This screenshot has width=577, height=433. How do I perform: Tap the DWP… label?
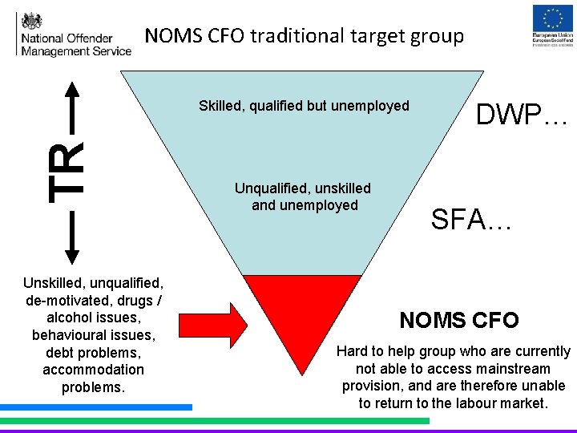coord(522,115)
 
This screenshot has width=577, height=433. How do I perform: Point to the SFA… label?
coord(471,219)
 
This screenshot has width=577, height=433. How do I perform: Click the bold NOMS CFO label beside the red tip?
coord(459,321)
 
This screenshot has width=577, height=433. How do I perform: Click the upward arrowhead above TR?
coord(71,91)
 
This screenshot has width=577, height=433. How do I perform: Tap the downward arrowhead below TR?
coord(71,255)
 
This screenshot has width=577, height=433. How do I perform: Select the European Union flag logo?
coord(553,20)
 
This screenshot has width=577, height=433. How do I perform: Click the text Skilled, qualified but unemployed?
coord(304,106)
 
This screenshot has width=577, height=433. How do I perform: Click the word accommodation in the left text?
coord(94,370)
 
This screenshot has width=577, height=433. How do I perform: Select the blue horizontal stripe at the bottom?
coord(96,407)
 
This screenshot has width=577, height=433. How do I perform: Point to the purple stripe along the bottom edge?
coord(288,430)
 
